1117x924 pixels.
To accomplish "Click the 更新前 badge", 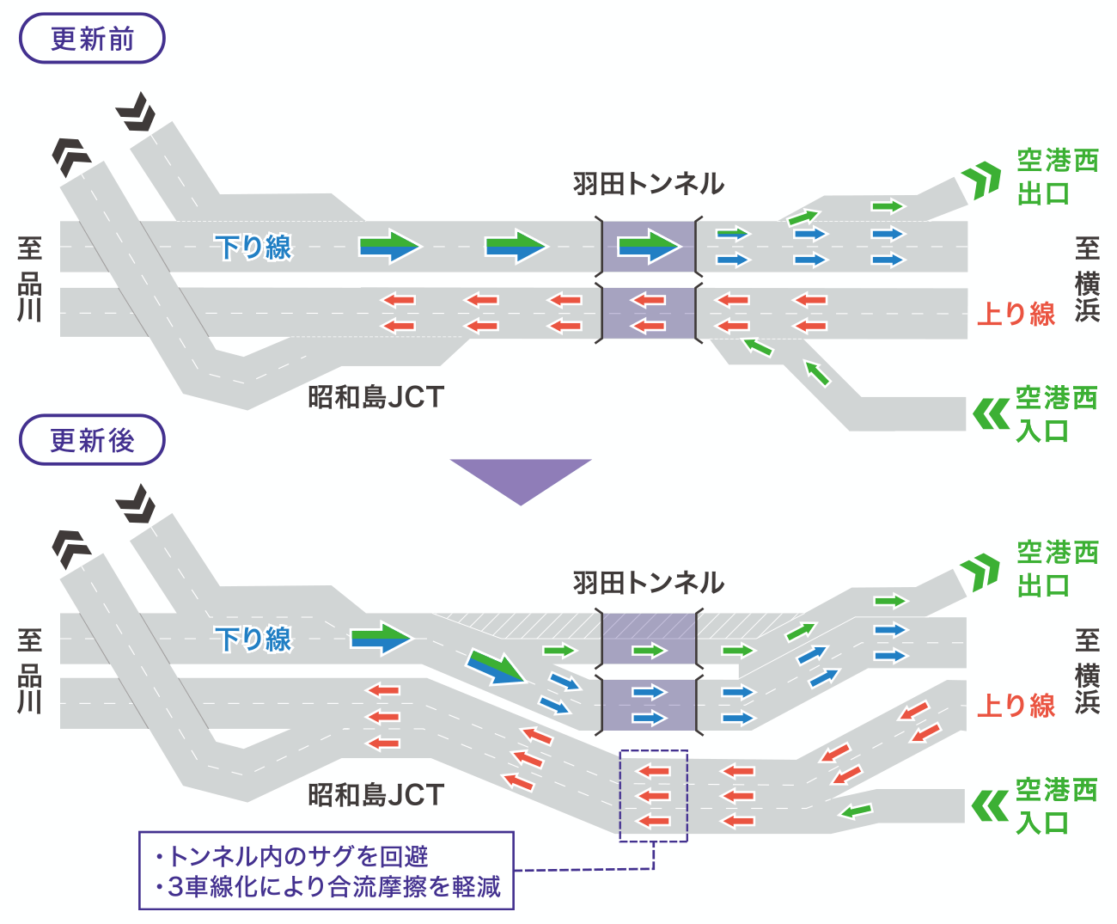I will (92, 39).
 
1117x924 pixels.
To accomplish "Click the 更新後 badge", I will (92, 440).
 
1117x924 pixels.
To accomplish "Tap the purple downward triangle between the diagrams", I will (521, 478).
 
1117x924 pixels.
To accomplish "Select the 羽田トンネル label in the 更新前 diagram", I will (649, 184).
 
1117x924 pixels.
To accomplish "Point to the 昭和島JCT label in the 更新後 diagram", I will (375, 795).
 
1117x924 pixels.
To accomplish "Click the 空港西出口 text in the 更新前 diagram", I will (1058, 177).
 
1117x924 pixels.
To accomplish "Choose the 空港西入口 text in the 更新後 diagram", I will (1057, 806).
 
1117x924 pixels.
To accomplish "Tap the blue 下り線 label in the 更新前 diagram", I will (253, 248).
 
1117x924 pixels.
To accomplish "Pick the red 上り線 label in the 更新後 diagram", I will (1016, 706).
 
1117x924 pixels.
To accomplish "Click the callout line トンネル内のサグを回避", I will (292, 856).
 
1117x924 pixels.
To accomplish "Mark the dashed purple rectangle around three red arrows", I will (653, 795).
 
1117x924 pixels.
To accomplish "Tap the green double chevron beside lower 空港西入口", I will (990, 806).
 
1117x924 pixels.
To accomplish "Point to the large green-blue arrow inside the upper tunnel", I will (649, 246).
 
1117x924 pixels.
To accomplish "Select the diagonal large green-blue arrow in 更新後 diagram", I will (496, 667).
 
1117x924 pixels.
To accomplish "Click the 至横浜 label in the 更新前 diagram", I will (1087, 278).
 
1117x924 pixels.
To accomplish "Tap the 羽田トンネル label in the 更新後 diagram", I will (649, 583).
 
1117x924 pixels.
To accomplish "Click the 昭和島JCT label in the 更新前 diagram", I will (375, 397).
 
